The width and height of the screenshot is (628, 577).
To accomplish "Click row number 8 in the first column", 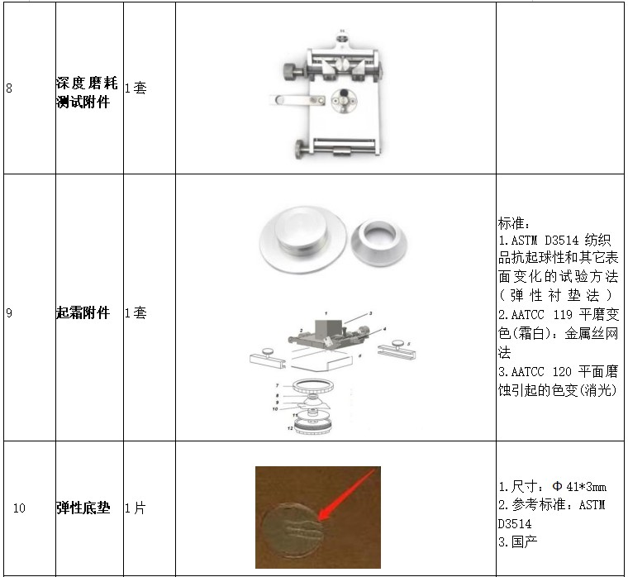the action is point(9,88).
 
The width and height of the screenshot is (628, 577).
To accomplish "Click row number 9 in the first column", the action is point(9,313).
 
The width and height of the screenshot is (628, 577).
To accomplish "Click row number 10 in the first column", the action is point(19,508).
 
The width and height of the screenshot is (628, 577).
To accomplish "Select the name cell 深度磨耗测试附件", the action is point(87,93).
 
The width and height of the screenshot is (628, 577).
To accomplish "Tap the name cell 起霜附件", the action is point(83,312).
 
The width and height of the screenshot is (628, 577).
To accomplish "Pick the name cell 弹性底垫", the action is point(83,508).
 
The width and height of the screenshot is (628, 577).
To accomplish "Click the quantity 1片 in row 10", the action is point(136,508).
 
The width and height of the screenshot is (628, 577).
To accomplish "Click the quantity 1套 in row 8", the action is point(136,88).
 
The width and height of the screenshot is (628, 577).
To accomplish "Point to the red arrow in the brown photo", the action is point(346,495).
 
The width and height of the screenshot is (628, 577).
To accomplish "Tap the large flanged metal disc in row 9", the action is point(302,240).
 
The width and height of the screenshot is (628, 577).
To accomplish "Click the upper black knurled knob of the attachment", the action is point(293,72).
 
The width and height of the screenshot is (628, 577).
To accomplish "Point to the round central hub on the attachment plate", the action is point(344,100).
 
